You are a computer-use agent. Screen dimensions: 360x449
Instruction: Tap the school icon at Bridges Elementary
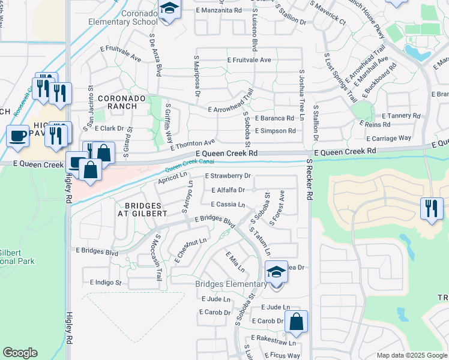(276, 272)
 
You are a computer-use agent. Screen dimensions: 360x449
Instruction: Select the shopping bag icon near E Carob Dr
(297, 322)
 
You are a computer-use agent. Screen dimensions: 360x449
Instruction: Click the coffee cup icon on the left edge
(17, 136)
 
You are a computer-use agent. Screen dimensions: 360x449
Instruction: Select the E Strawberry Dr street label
(228, 176)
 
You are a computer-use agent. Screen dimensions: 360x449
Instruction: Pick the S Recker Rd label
(310, 179)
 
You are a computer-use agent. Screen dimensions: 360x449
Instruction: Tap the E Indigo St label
(106, 282)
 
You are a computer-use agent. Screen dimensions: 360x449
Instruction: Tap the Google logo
(20, 353)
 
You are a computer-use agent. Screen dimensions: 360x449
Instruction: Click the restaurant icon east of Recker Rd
(432, 208)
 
